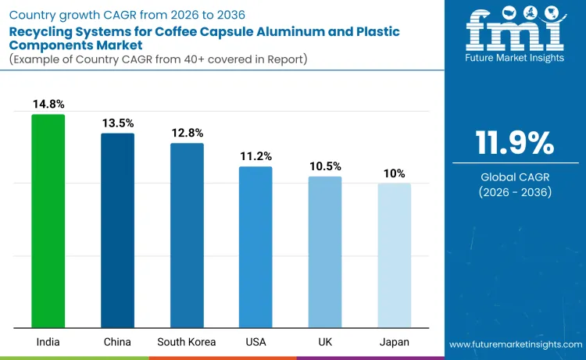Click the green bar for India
[x=48, y=221]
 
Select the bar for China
[x=117, y=230]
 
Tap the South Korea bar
[x=187, y=235]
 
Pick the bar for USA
[x=255, y=247]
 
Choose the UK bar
[x=325, y=251]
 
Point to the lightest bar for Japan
[x=394, y=255]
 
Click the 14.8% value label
[x=48, y=104]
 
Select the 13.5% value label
[x=117, y=123]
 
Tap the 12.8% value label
[x=187, y=132]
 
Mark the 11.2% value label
[x=255, y=155]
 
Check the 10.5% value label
[x=325, y=166]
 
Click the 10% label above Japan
[x=394, y=173]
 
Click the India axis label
[x=48, y=342]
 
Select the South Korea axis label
[x=187, y=342]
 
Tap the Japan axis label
[x=394, y=342]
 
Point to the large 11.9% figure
[x=515, y=144]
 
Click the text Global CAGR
[x=515, y=177]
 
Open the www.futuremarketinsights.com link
[x=516, y=344]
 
